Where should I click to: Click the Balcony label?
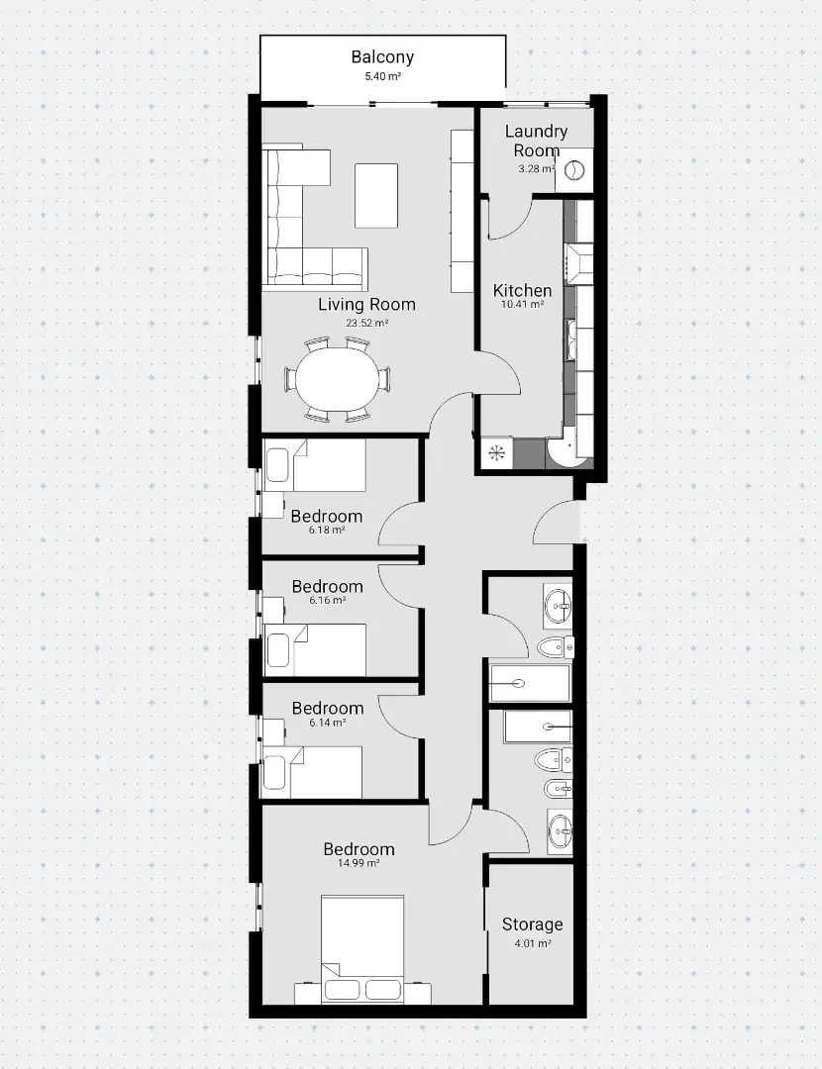pos(382,56)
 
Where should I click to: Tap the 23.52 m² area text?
pos(367,323)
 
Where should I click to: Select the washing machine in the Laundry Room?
pos(574,169)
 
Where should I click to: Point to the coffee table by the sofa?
pos(376,195)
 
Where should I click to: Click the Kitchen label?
pos(523,290)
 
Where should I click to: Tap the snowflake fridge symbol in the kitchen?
pos(496,451)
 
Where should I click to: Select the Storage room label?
pos(532,924)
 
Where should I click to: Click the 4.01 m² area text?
pos(532,944)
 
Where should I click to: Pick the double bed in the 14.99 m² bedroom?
pos(362,949)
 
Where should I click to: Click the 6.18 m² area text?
pos(326,530)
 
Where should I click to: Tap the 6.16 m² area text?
pos(328,601)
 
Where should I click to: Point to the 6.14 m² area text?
pos(328,723)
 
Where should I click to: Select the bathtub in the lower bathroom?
pos(538,727)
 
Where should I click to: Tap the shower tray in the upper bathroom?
pos(530,682)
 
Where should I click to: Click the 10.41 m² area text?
pos(523,305)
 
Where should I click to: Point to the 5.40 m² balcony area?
pos(382,76)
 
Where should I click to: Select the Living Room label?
pos(367,304)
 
